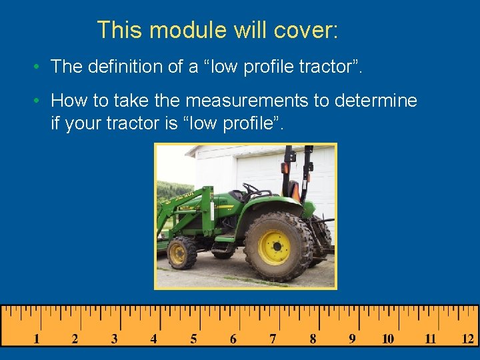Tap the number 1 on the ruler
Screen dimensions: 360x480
[x=36, y=339]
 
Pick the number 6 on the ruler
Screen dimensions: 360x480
[x=233, y=339]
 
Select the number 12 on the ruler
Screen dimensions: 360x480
[x=468, y=339]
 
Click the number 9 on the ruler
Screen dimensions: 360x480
[x=352, y=339]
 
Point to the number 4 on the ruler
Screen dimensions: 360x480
[x=154, y=339]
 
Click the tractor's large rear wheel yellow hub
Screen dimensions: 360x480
[x=274, y=247]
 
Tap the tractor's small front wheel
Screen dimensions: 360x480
[x=179, y=253]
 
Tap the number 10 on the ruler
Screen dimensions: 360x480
[x=388, y=339]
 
